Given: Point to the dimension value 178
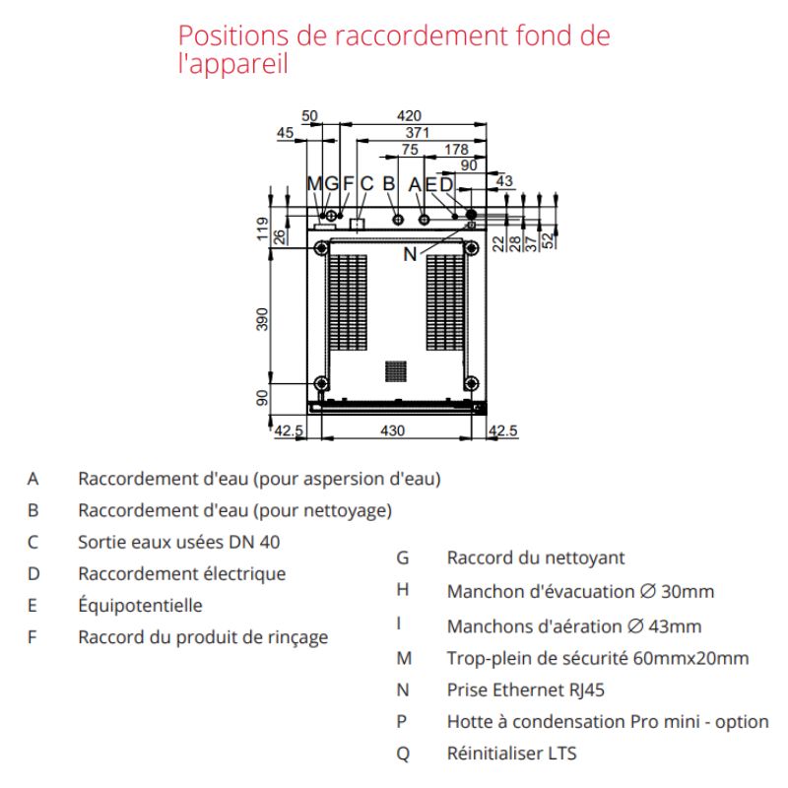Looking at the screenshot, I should click(x=455, y=150).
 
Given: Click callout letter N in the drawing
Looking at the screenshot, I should click(x=410, y=253).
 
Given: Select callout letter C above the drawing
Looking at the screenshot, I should click(x=366, y=183).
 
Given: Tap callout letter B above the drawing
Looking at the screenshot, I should click(x=389, y=183).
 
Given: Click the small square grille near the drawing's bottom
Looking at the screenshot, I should click(x=395, y=370).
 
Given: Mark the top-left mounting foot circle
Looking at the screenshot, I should click(x=321, y=249).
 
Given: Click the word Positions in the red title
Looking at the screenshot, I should click(x=230, y=35).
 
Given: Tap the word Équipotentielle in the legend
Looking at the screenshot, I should click(x=140, y=606).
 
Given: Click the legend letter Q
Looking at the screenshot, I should click(x=402, y=754).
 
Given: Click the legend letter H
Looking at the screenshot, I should click(x=402, y=591).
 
